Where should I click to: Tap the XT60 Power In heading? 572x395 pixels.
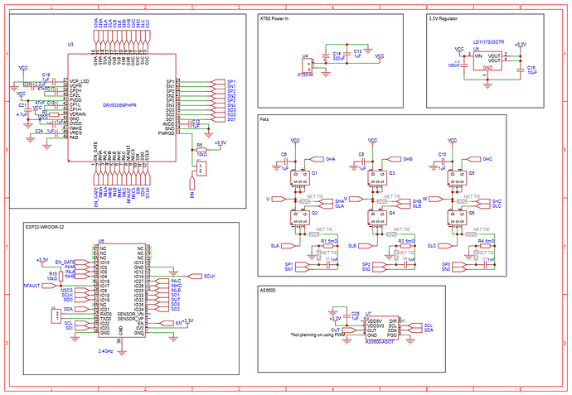click(279, 17)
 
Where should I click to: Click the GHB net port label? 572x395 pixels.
click(407, 158)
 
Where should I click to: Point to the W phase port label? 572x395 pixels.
click(424, 199)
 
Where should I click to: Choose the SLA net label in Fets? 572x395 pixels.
click(274, 246)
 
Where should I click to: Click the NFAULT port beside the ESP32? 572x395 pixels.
click(31, 284)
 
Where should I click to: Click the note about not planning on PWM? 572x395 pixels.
click(318, 335)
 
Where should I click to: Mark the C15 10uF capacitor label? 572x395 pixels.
click(531, 70)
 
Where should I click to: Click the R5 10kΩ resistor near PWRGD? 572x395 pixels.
click(201, 149)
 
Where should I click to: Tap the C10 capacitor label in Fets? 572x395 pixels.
click(442, 156)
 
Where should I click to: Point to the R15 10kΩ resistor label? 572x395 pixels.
click(52, 275)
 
